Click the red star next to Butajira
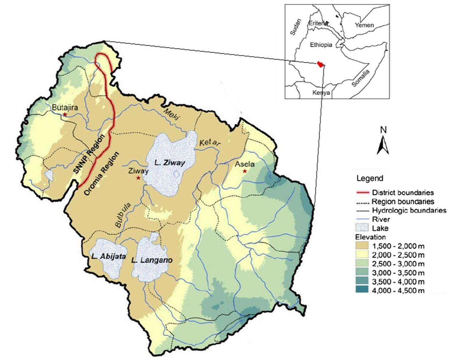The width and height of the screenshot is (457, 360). point(65,115)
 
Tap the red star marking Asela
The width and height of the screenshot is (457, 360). point(244,171)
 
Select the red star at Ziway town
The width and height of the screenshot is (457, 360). point(138,178)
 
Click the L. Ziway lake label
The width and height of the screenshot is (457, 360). point(170,163)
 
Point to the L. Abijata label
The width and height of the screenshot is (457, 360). point(108,256)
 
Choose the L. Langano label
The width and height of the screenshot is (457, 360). point(152,260)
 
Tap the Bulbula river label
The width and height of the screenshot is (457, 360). point(123,215)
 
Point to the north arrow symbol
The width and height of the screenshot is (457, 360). point(383,146)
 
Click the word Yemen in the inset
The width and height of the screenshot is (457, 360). point(364,25)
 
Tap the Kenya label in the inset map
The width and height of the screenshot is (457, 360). point(321,93)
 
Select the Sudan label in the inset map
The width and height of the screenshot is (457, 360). point(295,27)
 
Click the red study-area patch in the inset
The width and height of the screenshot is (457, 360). point(320,64)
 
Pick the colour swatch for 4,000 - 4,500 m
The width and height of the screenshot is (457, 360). point(362,290)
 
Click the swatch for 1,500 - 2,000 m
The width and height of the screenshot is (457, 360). point(362,246)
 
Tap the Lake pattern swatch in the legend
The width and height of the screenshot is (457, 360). point(362,228)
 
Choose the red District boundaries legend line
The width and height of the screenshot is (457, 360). point(362,192)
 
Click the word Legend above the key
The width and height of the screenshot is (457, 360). point(370,178)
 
